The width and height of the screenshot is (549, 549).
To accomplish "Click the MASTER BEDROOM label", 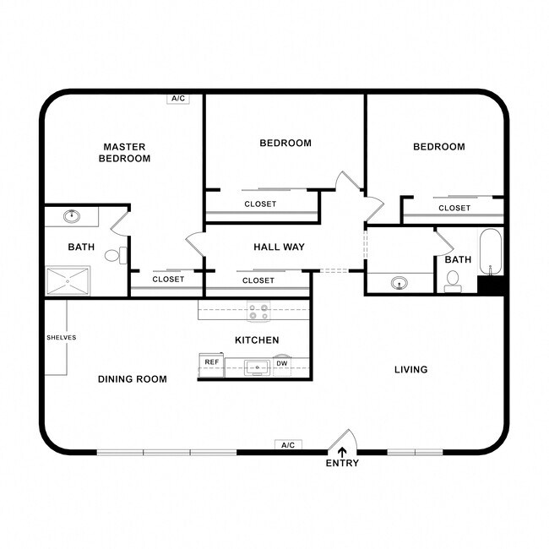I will pyautogui.click(x=125, y=152).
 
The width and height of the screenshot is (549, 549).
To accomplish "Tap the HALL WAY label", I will pyautogui.click(x=279, y=247).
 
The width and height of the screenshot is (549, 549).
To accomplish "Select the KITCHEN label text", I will pyautogui.click(x=257, y=340).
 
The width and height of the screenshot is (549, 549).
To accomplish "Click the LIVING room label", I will pyautogui.click(x=411, y=369).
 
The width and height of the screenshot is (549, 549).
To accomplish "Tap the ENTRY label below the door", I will pyautogui.click(x=342, y=463).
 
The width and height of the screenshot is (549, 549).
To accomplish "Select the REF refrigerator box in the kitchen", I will pyautogui.click(x=210, y=363).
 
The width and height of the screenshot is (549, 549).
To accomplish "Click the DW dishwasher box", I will pyautogui.click(x=281, y=363).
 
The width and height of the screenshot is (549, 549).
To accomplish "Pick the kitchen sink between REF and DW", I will pyautogui.click(x=257, y=367).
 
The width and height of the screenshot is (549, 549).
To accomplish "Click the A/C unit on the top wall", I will pyautogui.click(x=178, y=99).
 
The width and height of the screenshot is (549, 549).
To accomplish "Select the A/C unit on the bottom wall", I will pyautogui.click(x=287, y=444).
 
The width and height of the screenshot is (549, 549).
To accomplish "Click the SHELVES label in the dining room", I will pyautogui.click(x=61, y=338).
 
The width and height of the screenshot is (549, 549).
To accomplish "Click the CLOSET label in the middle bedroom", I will pyautogui.click(x=260, y=204).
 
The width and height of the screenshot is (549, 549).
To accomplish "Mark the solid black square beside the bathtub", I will pyautogui.click(x=491, y=285).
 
